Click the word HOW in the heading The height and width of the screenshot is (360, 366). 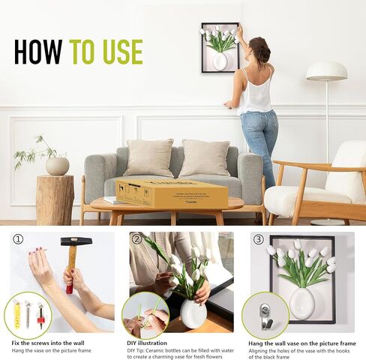pos(39,51)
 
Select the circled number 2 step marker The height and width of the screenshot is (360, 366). pos(136,239)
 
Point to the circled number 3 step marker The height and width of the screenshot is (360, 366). pos(257,239)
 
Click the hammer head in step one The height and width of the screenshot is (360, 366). pos(76,242)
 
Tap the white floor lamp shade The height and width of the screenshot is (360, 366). pos(326,71)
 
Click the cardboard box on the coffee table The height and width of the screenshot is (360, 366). pos(172,193)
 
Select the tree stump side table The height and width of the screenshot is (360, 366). pos(55,199)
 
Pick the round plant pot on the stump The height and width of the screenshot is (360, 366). pos(57,166)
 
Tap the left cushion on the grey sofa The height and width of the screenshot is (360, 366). pos(148,157)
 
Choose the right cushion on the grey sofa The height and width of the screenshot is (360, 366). pos(205,157)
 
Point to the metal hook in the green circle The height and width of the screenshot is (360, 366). pos(266,314)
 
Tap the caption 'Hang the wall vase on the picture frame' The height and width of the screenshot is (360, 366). pos(303,343)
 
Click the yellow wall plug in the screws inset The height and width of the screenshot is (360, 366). pos(16,314)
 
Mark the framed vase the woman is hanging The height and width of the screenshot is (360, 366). pos(220,47)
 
